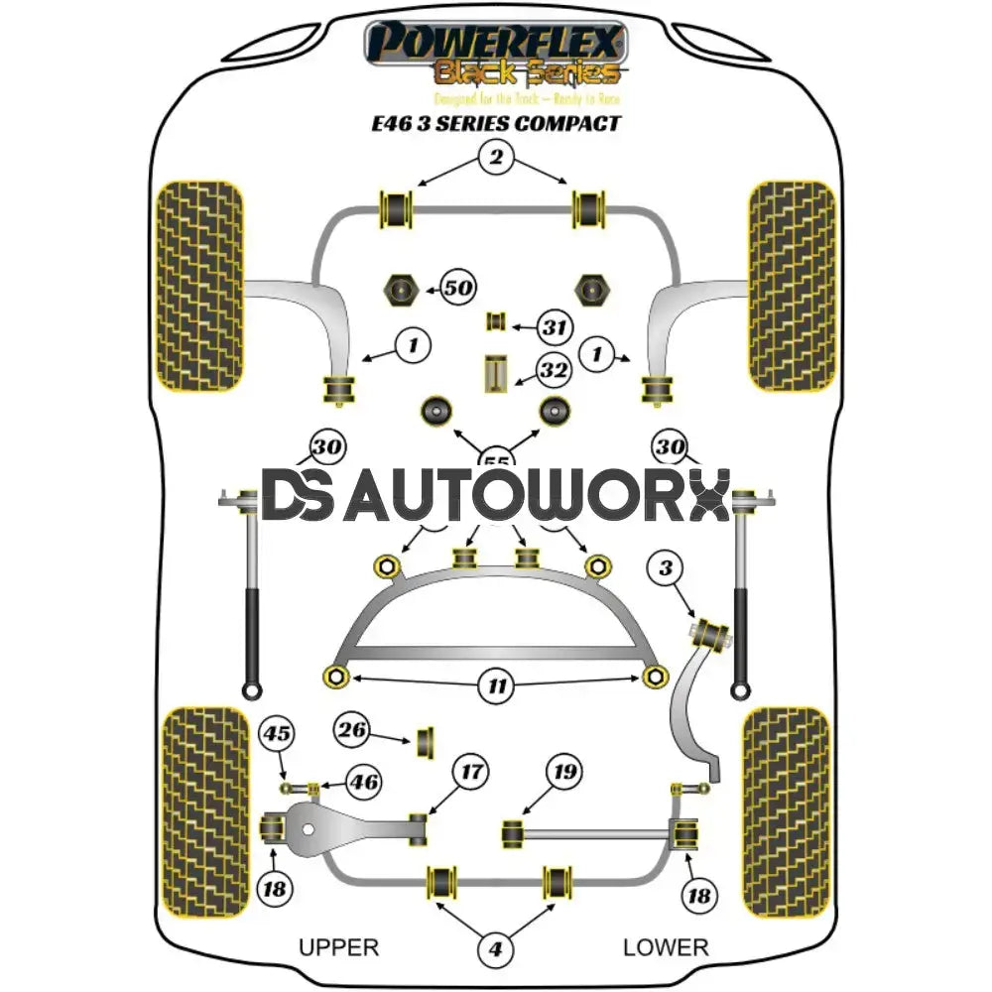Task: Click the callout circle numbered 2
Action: coord(496,156)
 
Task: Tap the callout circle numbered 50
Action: coord(456,289)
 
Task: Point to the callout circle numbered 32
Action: coord(554,371)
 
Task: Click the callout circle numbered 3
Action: coord(666,568)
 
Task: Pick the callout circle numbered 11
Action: coord(496,685)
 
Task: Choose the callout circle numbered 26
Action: coord(349,731)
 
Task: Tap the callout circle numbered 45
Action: coord(277,735)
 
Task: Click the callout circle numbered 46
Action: coord(363,783)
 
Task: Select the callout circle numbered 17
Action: coord(471,771)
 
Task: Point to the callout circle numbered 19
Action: coord(564,771)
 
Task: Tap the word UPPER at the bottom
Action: coord(338,947)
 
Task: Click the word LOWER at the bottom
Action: coord(666,947)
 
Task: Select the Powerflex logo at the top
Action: coord(496,55)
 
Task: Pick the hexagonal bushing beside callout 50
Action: coord(401,289)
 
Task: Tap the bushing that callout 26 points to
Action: coord(429,740)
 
